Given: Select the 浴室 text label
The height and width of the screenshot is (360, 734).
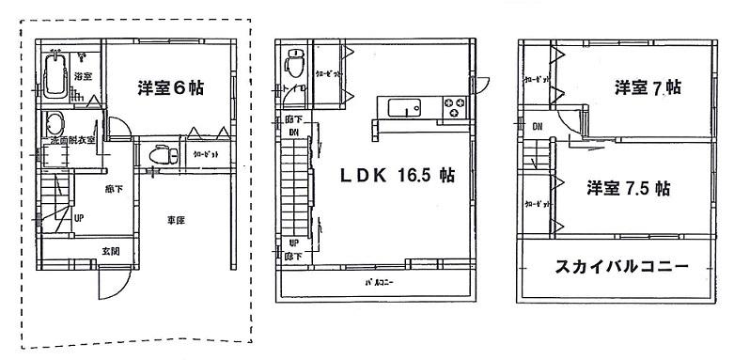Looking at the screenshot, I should click(x=83, y=76).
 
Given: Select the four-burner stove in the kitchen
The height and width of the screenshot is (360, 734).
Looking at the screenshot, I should click(x=455, y=106).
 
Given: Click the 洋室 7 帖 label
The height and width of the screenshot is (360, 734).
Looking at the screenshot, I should click(x=648, y=87).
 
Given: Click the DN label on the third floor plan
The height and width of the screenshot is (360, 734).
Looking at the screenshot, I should click(x=538, y=126).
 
